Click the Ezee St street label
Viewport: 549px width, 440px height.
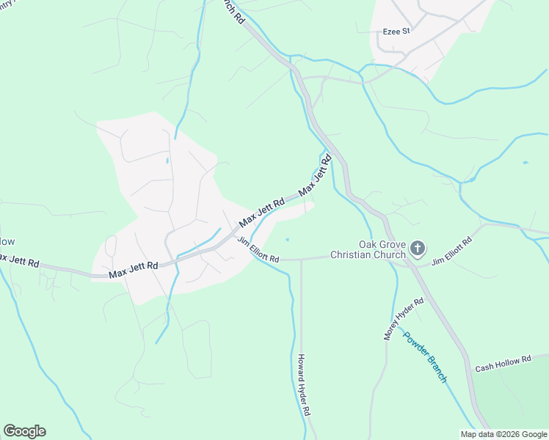click(396, 32)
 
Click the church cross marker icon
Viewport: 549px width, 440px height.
click(417, 249)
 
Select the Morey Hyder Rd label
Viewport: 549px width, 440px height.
click(404, 319)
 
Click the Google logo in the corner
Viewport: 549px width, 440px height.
click(24, 431)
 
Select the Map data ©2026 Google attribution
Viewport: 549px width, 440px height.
click(503, 434)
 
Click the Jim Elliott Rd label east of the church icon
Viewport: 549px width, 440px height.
click(451, 252)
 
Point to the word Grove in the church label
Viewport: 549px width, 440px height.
click(392, 245)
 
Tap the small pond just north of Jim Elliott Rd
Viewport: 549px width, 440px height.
click(287, 239)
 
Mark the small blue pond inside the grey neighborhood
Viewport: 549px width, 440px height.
click(167, 160)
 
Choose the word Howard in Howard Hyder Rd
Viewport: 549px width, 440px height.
click(301, 370)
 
